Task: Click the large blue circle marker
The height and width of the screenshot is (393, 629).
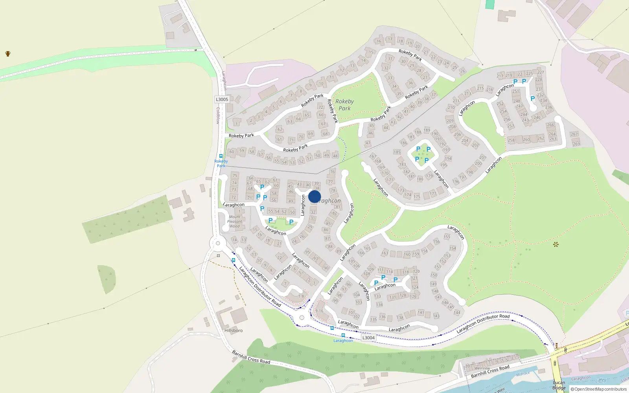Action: pyautogui.click(x=314, y=196)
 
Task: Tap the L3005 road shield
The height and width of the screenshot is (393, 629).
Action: pyautogui.click(x=222, y=99)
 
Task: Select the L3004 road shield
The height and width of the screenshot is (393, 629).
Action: pyautogui.click(x=368, y=338)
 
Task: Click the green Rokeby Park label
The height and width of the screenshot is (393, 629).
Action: pyautogui.click(x=344, y=105)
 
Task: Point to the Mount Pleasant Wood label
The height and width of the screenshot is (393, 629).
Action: pyautogui.click(x=235, y=221)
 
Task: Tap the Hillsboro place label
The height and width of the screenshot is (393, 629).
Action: pyautogui.click(x=234, y=331)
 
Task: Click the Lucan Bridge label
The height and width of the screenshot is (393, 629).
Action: pyautogui.click(x=559, y=385)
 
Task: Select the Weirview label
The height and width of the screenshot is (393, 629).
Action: pyautogui.click(x=482, y=368)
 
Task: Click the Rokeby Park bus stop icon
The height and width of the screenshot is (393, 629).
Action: pyautogui.click(x=221, y=156)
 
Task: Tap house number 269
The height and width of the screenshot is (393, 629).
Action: pyautogui.click(x=576, y=144)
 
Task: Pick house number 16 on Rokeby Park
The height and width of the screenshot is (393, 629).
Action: pyautogui.click(x=379, y=41)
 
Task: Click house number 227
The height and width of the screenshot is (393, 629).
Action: pyautogui.click(x=541, y=72)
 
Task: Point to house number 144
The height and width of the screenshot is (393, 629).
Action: pyautogui.click(x=457, y=313)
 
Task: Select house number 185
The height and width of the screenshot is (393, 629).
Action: pyautogui.click(x=397, y=152)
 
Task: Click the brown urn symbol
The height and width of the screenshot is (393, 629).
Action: pyautogui.click(x=8, y=54)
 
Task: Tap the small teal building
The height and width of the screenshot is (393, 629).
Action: pyautogui.click(x=490, y=4)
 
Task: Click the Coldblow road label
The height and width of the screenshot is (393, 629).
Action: pyautogui.click(x=218, y=116)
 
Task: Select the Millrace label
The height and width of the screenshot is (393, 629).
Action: pyautogui.click(x=523, y=374)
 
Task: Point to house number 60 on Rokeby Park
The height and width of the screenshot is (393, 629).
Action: pyautogui.click(x=232, y=152)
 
